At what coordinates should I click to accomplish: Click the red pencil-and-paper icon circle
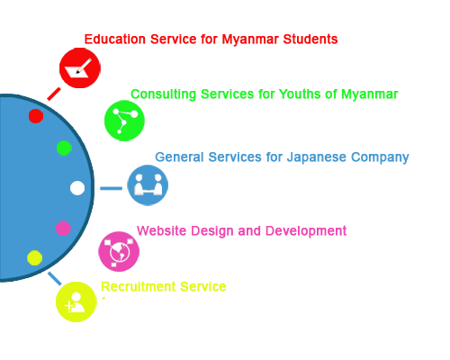coord(80,68)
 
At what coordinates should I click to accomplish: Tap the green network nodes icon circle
coord(124,121)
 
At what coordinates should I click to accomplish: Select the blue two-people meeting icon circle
coord(148,185)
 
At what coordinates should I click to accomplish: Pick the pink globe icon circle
coord(119,251)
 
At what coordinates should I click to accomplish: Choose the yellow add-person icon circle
coord(76,301)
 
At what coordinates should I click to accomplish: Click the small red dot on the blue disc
coord(36,116)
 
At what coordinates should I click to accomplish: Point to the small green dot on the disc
coord(64,148)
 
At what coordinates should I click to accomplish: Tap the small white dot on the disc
coord(77,188)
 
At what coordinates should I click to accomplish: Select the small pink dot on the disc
coord(63,229)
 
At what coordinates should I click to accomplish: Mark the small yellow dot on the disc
coord(35,257)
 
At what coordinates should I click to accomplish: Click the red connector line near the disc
coord(54,94)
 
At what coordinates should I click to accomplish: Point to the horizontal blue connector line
coord(111,188)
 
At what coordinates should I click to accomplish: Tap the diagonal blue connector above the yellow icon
coord(55,278)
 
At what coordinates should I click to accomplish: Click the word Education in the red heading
coord(115,40)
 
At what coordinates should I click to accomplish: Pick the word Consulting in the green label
coord(164,94)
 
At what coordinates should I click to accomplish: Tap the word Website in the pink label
coord(162,230)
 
